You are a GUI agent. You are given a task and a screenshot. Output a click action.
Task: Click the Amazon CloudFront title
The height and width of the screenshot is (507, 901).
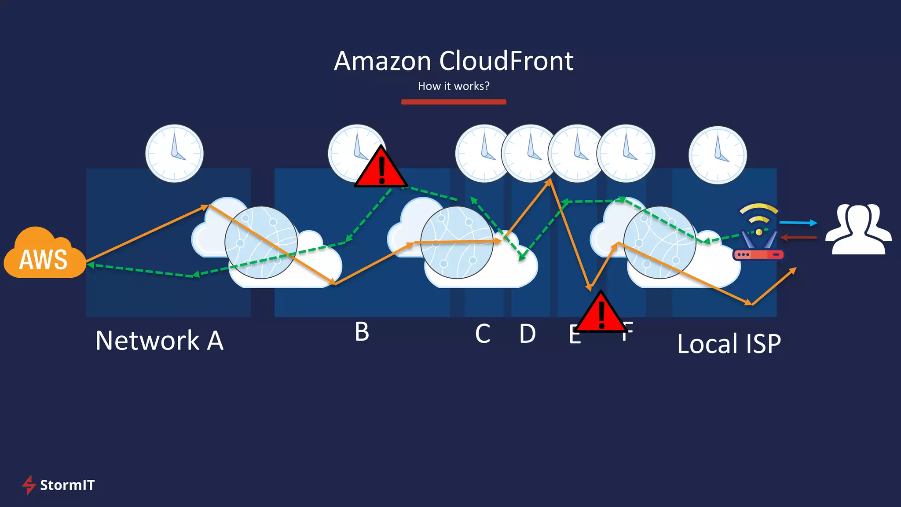point(454,61)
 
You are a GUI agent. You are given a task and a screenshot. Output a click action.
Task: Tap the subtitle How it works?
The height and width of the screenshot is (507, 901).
point(454,86)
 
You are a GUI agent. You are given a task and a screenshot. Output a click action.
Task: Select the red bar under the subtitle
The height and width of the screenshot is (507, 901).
point(454,102)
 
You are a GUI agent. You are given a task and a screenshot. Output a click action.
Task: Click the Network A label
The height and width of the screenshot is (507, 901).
point(159,341)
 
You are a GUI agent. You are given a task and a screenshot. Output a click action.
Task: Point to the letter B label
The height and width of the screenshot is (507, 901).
point(362,332)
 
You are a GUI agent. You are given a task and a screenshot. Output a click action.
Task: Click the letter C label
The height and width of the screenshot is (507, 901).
point(483,334)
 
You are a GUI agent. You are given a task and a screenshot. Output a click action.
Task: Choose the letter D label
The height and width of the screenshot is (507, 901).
point(527,334)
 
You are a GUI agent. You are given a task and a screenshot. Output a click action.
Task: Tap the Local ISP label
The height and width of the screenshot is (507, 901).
point(729,344)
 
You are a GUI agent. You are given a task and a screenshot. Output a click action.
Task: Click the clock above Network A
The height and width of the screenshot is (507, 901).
point(174,153)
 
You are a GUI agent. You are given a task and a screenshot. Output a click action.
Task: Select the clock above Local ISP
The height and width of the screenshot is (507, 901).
point(718,155)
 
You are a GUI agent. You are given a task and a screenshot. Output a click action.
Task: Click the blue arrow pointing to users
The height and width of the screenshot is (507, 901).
point(798,223)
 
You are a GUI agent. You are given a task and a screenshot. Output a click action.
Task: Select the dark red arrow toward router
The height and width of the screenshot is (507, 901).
point(798,238)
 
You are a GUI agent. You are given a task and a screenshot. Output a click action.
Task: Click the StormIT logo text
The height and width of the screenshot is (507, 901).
point(67,485)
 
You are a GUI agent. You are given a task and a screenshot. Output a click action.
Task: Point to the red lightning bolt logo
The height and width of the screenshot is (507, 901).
point(29,485)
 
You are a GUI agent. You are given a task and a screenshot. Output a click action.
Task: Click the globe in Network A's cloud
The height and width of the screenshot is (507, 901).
point(261,242)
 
